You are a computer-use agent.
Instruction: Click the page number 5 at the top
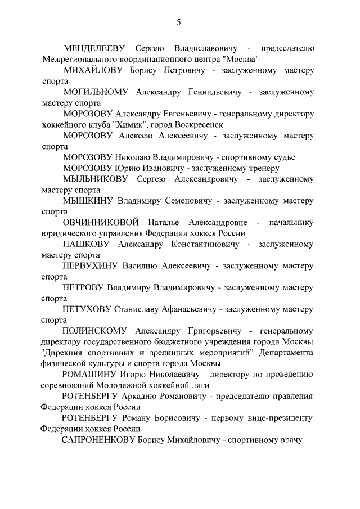click(179, 22)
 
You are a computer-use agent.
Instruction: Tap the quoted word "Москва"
click(240, 59)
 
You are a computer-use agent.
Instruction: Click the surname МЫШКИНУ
click(88, 200)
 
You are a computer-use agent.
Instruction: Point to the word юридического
click(70, 233)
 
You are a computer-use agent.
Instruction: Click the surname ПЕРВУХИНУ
click(91, 265)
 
